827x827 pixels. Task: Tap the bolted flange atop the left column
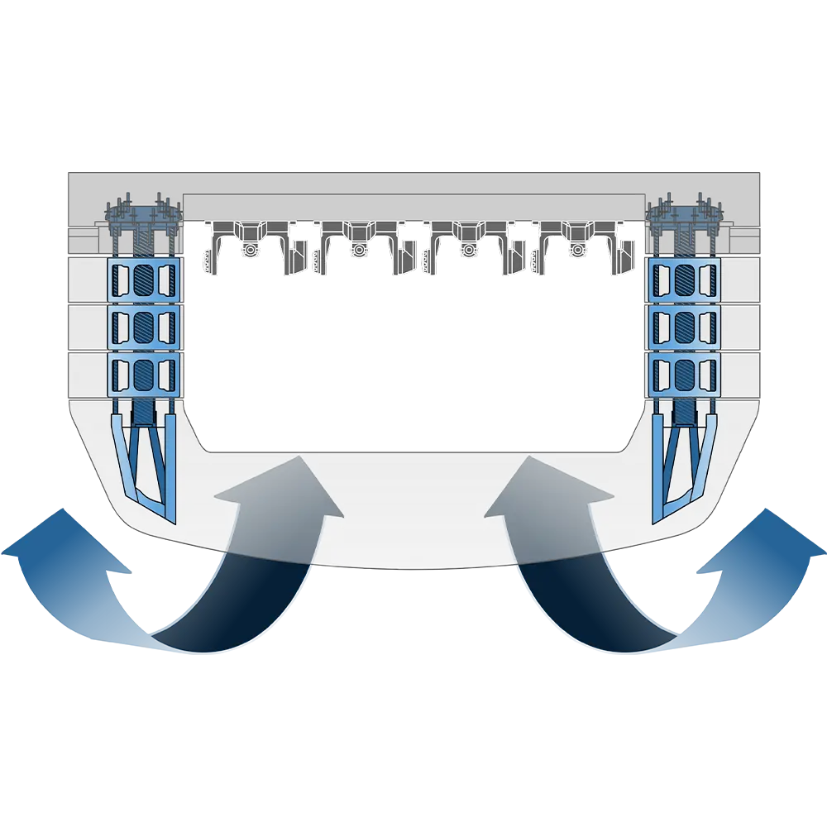click(x=144, y=217)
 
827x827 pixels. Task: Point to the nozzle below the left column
click(x=144, y=463)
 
